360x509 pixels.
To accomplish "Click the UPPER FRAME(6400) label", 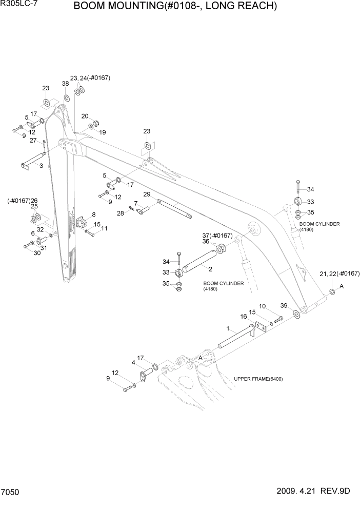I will pos(258,379).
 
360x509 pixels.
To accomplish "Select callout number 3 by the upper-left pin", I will pos(41,166).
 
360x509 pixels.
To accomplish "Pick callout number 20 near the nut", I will pos(85,116).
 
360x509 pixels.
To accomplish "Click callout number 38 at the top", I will pos(66,83).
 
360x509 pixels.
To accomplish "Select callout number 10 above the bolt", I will pos(263,306).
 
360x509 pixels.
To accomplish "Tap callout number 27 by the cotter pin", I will pos(33,140).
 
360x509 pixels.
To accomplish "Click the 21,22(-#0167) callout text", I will pos(339,273).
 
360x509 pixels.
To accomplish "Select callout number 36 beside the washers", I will pos(205,241).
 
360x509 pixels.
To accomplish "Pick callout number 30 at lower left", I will pos(36,252).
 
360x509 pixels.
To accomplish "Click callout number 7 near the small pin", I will pos(136,203).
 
